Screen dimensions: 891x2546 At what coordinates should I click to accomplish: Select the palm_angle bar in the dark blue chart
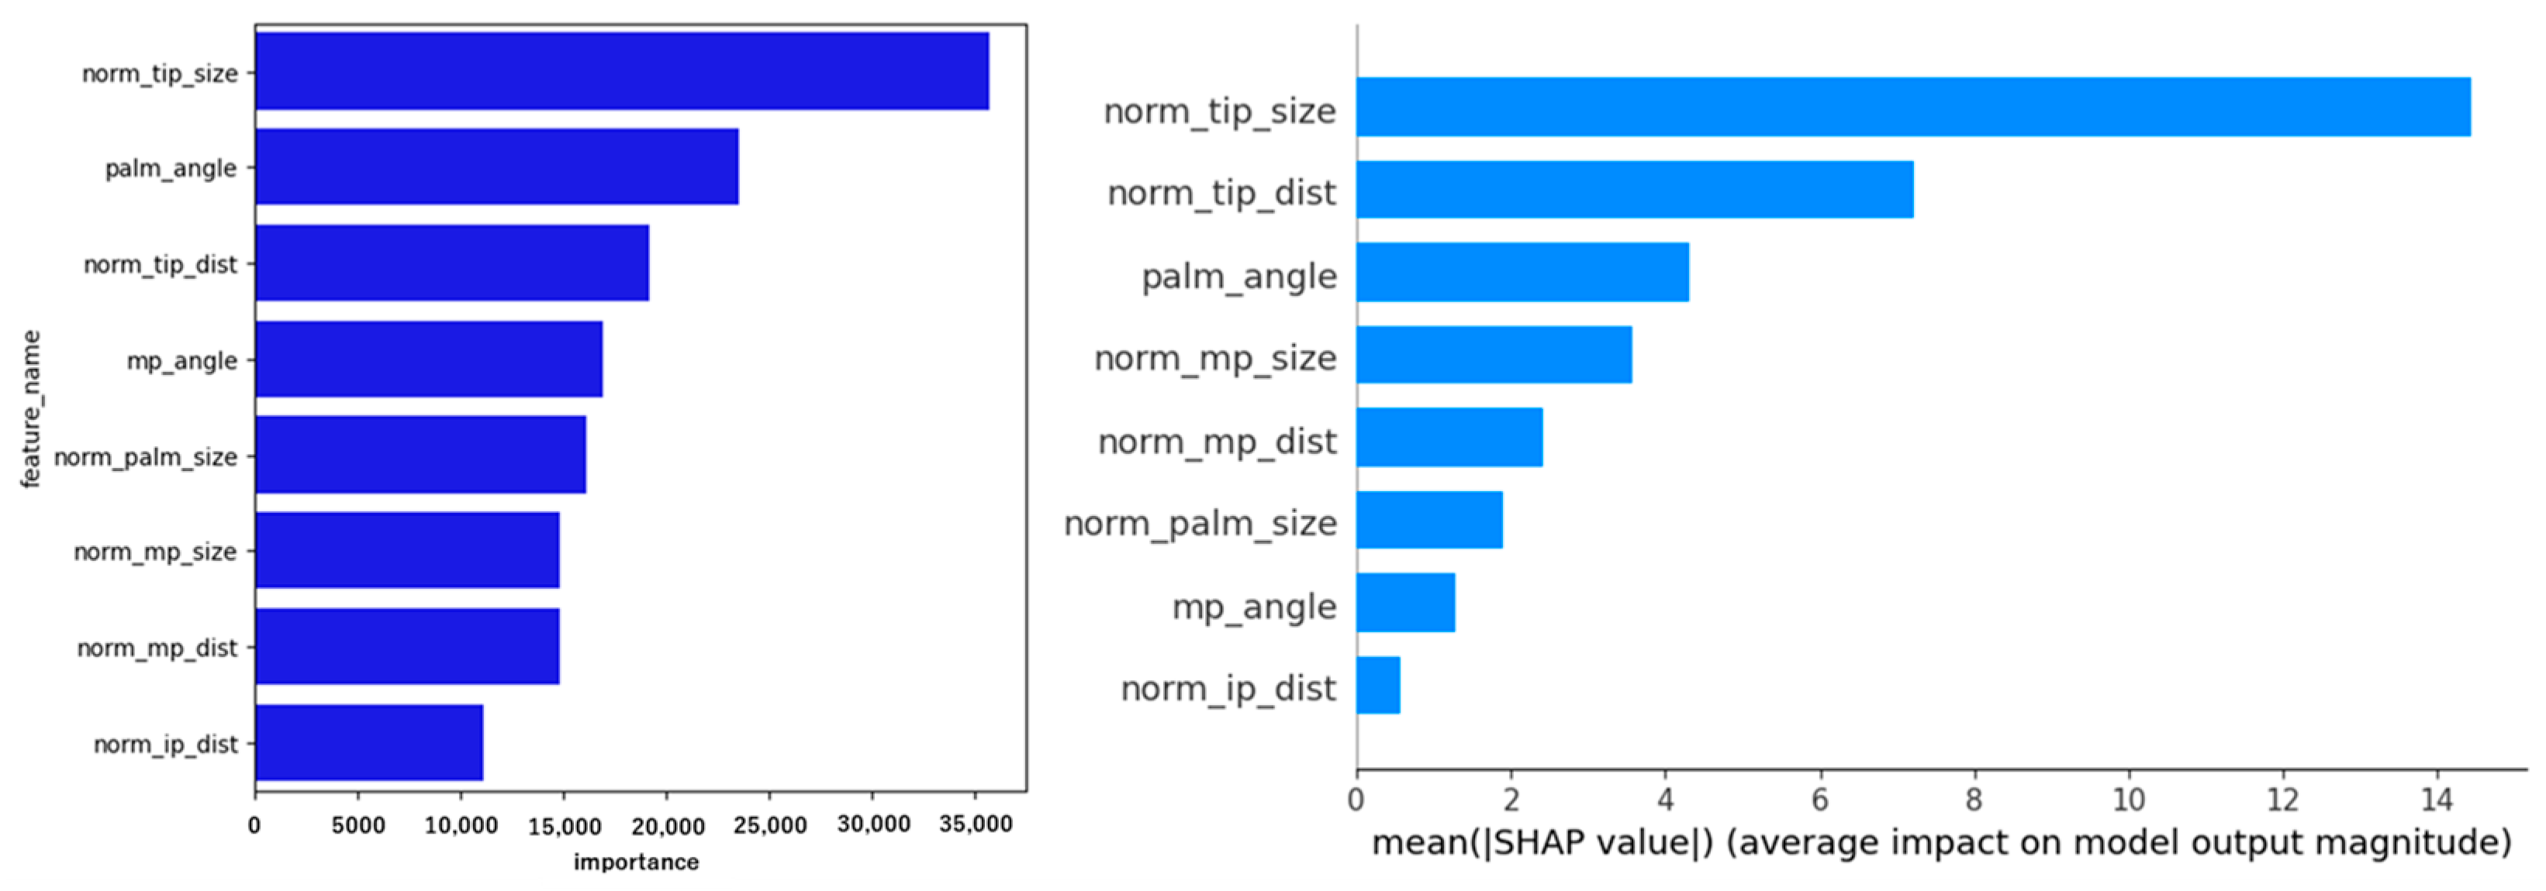tap(496, 167)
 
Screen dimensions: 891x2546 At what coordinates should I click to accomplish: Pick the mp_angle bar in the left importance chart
tap(428, 359)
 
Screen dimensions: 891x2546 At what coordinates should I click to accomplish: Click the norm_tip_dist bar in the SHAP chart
tap(1634, 190)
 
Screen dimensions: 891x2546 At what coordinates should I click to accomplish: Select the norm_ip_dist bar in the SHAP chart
tap(1378, 685)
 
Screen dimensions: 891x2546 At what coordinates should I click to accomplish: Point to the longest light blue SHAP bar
tap(1912, 107)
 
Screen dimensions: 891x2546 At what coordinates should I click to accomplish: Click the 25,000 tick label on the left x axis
tap(770, 826)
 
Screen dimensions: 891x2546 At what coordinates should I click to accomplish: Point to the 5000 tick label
tap(358, 826)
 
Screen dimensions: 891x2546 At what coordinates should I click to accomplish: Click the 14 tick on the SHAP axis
tap(2437, 799)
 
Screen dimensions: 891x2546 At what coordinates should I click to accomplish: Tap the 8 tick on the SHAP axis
tap(1974, 799)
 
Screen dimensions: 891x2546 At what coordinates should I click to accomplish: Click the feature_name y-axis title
tap(31, 409)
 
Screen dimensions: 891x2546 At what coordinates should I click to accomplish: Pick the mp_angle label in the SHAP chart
tap(1253, 607)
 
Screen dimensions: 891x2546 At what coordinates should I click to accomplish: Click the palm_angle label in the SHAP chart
tap(1238, 277)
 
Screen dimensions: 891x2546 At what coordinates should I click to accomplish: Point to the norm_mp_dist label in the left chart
tap(157, 648)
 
